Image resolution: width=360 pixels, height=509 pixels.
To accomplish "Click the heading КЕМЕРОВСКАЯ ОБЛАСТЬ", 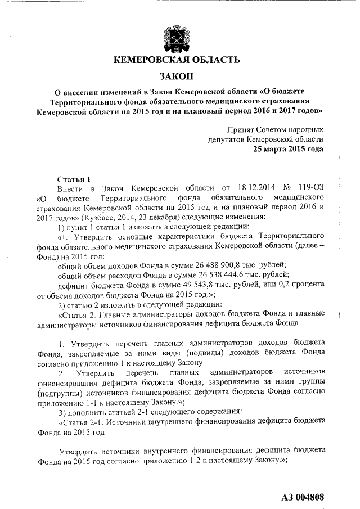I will [x=177, y=60].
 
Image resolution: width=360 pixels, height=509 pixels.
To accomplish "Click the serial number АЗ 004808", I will [x=303, y=497].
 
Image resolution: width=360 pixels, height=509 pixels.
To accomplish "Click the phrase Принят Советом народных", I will [x=275, y=129].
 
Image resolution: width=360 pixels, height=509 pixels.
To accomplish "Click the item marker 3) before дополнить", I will [x=62, y=409].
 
